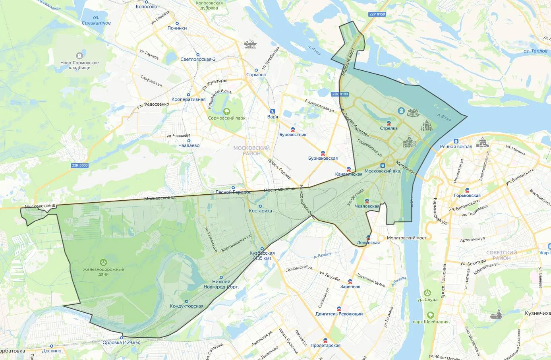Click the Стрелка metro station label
click(389, 128)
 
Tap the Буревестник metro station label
click(293, 135)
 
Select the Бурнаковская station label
click(323, 159)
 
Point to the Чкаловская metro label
click(367, 206)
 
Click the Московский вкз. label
click(383, 171)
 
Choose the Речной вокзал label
click(456, 147)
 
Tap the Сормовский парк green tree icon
click(226, 112)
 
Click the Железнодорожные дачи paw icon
click(103, 262)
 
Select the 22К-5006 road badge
click(80, 165)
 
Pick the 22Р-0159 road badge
click(377, 14)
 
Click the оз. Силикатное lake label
click(96, 21)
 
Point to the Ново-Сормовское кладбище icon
click(79, 56)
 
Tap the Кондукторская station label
click(186, 306)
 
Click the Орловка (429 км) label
click(121, 343)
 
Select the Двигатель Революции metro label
click(339, 314)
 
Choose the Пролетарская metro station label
click(325, 345)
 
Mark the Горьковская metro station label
click(467, 195)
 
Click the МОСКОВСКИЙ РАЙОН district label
click(251, 151)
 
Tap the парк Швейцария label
click(430, 322)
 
